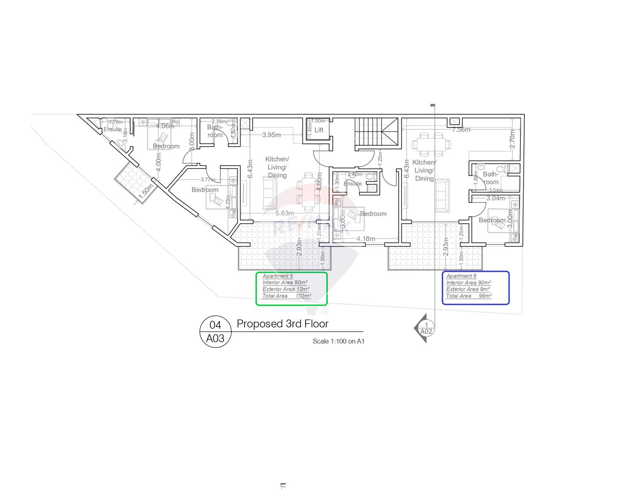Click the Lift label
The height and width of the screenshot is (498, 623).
[x=319, y=130]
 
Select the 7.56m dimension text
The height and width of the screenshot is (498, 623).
[x=461, y=129]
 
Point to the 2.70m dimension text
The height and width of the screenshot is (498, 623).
[x=512, y=139]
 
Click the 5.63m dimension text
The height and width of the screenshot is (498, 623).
[x=285, y=213]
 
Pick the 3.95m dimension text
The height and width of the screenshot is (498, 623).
[x=271, y=135]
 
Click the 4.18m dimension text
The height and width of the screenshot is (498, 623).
[x=365, y=239]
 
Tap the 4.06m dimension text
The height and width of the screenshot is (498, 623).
[x=165, y=126]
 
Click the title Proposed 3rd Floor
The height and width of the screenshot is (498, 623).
[x=282, y=324]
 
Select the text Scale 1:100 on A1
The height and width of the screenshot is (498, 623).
[x=338, y=342]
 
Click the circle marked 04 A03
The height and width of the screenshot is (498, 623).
[x=215, y=332]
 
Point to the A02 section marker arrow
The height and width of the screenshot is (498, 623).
[x=424, y=328]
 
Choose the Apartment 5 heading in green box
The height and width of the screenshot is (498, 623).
[x=277, y=276]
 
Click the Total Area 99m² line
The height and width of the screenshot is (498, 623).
[x=468, y=296]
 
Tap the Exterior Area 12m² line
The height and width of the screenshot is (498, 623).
[x=286, y=289]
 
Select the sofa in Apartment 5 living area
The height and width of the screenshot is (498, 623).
[x=268, y=192]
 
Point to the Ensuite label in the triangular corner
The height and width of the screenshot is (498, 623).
[x=113, y=129]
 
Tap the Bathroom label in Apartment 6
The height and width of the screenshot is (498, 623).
[x=491, y=178]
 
